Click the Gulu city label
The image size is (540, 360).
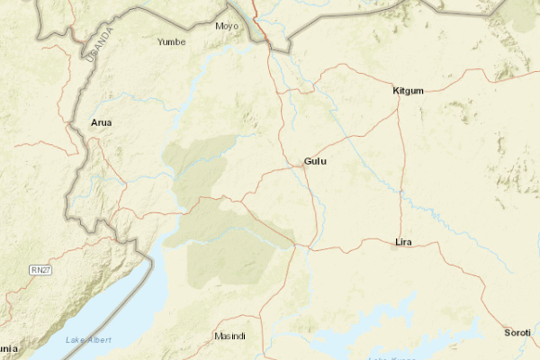click(x=315, y=161)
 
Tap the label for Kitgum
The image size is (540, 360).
click(x=408, y=91)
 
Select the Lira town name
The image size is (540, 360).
click(x=403, y=242)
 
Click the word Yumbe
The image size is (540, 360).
click(x=171, y=41)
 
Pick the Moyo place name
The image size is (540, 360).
click(x=228, y=26)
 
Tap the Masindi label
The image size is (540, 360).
click(x=229, y=336)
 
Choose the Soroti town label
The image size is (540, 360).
click(x=517, y=333)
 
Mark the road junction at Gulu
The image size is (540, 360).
click(x=305, y=168)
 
